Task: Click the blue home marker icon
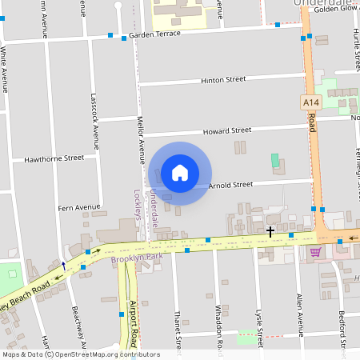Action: tap(180, 173)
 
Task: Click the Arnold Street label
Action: tap(230, 185)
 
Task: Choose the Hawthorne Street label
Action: tap(54, 158)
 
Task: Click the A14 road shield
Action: tap(311, 102)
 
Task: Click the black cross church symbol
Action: tap(270, 232)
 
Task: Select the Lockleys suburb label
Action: tap(137, 205)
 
